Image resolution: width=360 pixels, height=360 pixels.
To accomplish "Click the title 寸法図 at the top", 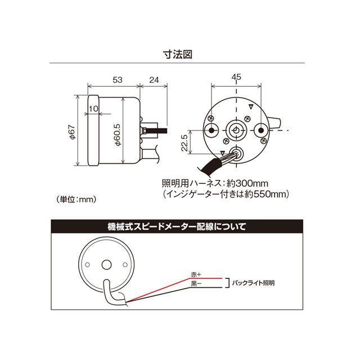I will (x=179, y=56).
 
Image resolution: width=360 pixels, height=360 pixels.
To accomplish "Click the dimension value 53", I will (x=117, y=80).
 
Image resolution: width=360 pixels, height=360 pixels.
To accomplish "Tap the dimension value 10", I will (x=93, y=108).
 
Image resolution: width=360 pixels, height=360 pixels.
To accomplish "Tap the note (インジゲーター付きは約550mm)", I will (x=226, y=194).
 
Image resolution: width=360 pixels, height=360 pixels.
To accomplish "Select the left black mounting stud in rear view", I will (x=211, y=130).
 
